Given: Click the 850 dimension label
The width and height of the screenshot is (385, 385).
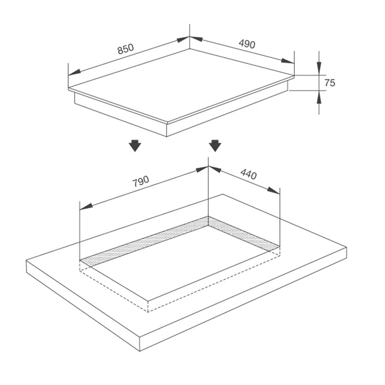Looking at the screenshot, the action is click(x=125, y=49).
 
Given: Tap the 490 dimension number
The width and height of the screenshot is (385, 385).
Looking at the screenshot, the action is click(x=247, y=44).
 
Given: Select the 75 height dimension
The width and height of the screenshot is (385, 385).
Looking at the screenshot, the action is click(x=330, y=83).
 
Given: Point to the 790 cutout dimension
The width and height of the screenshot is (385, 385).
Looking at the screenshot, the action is click(x=140, y=181).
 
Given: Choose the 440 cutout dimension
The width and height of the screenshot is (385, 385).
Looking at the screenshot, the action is click(x=249, y=174).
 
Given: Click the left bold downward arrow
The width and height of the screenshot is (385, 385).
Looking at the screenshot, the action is click(x=135, y=145).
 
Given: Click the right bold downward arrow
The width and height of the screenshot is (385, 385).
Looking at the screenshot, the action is click(x=215, y=145).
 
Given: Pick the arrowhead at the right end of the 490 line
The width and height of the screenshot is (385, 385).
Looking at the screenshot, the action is click(x=288, y=61).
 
